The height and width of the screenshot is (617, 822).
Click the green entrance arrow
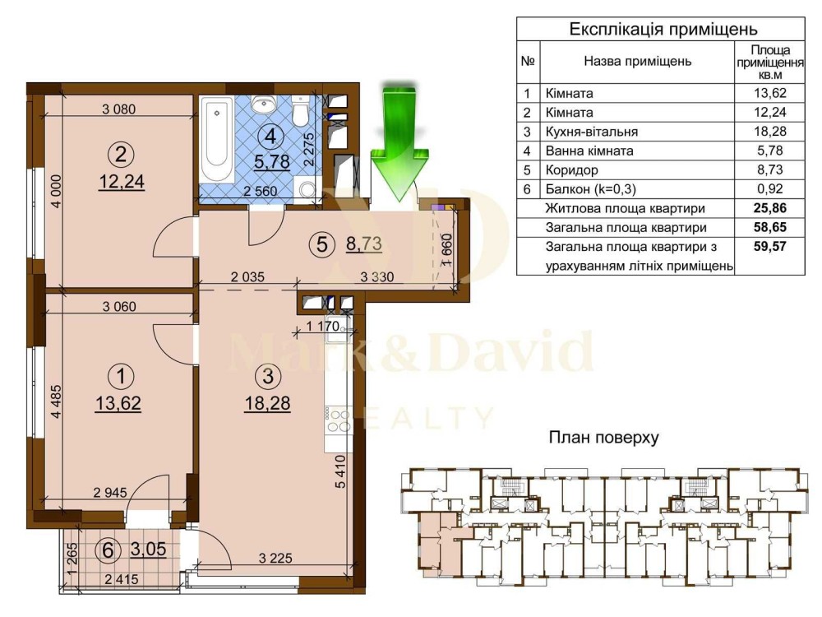click(x=400, y=141)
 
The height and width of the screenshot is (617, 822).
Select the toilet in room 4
click(x=300, y=109)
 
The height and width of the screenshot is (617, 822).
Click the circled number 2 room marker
click(x=121, y=155)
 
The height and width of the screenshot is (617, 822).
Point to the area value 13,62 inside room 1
click(x=118, y=403)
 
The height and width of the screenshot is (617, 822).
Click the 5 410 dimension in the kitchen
click(x=341, y=471)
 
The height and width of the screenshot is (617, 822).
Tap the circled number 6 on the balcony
click(x=108, y=551)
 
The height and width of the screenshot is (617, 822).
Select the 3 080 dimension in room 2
click(x=118, y=109)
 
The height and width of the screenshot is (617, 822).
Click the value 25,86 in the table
click(x=769, y=208)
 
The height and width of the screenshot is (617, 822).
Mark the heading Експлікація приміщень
click(x=663, y=29)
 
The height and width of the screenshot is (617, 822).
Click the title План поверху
click(x=603, y=437)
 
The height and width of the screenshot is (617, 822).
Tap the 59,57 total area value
click(x=769, y=247)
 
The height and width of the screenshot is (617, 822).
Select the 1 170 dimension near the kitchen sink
click(x=322, y=326)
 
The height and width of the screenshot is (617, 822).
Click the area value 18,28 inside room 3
click(x=267, y=403)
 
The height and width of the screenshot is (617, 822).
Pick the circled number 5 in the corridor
click(x=322, y=244)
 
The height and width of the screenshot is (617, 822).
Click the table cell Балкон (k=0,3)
click(x=590, y=189)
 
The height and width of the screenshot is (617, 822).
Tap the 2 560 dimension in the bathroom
click(x=260, y=191)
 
